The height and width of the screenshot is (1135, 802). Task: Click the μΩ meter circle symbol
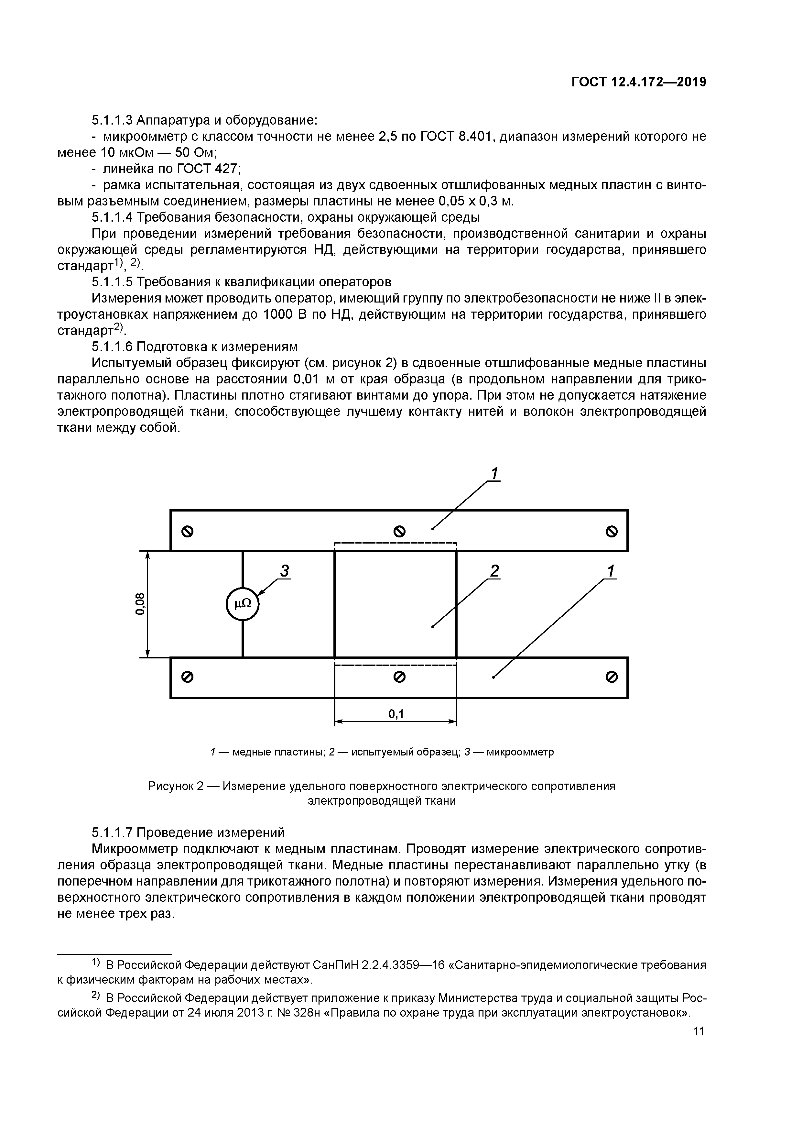[242, 604]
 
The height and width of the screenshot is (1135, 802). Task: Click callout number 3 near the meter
[284, 571]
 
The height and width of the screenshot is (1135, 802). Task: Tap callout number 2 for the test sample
[494, 571]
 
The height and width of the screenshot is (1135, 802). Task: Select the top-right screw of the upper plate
[611, 531]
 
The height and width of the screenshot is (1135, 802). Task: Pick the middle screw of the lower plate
[399, 677]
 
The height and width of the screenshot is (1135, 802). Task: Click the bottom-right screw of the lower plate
[611, 677]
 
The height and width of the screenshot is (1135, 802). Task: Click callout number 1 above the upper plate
[494, 474]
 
